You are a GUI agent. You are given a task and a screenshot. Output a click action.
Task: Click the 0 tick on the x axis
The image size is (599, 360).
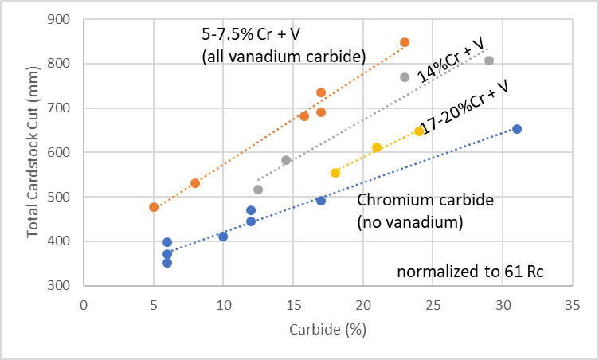[x=84, y=303]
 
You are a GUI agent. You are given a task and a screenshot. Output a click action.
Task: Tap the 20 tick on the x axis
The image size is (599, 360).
[x=363, y=303]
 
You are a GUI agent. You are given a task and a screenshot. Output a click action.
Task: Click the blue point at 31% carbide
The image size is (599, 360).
[x=517, y=129]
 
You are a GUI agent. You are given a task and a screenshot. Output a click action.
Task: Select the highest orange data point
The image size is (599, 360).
[x=405, y=42]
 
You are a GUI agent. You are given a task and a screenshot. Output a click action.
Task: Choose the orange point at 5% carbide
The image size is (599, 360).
[x=154, y=207]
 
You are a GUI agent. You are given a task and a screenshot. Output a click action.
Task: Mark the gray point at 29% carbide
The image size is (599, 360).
[x=489, y=61]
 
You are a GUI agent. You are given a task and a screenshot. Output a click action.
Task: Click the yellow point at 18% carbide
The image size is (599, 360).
[x=335, y=173]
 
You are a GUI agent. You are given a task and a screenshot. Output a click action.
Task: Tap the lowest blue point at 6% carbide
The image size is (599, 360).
[x=167, y=263]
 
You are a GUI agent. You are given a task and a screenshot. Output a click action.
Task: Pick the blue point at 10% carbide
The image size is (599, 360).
[x=223, y=237]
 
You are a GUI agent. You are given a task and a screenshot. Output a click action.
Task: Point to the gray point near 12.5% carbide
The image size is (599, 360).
[x=258, y=190]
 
